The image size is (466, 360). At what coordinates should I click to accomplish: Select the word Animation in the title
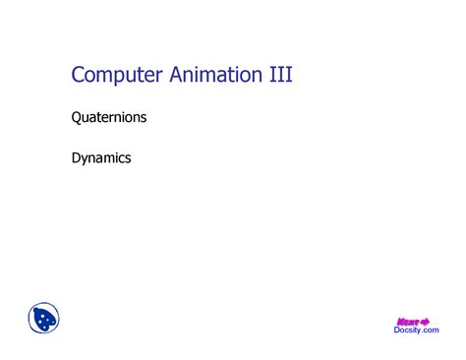(x=211, y=76)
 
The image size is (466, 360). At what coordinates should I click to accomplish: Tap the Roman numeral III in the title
(x=278, y=76)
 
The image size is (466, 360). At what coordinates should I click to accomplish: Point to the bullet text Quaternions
(x=109, y=118)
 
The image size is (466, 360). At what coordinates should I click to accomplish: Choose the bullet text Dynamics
(x=101, y=156)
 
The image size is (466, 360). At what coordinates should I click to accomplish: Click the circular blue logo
(x=45, y=318)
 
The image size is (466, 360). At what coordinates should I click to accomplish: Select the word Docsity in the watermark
(x=405, y=330)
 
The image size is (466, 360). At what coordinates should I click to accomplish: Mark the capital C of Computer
(x=80, y=76)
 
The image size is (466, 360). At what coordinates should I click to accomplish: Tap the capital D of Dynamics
(x=77, y=156)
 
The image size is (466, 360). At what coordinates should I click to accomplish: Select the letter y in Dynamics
(x=87, y=158)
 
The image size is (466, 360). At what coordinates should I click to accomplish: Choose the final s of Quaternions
(x=144, y=119)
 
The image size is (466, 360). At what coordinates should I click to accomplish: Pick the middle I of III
(x=278, y=76)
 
